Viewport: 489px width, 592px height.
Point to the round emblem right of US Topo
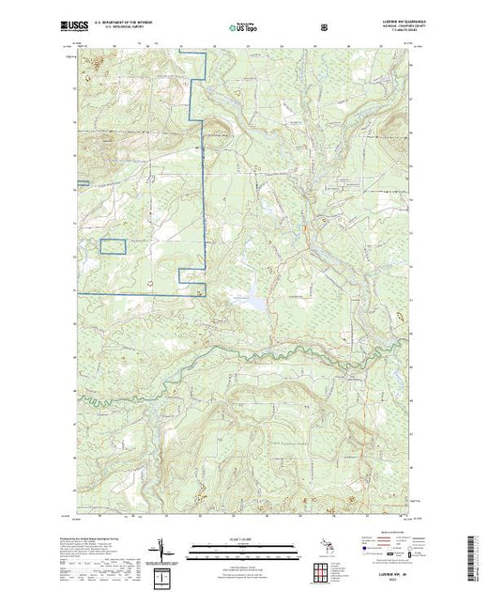[325, 26]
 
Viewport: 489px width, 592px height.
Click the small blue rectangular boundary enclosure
[113, 246]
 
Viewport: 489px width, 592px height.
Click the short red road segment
[304, 228]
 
